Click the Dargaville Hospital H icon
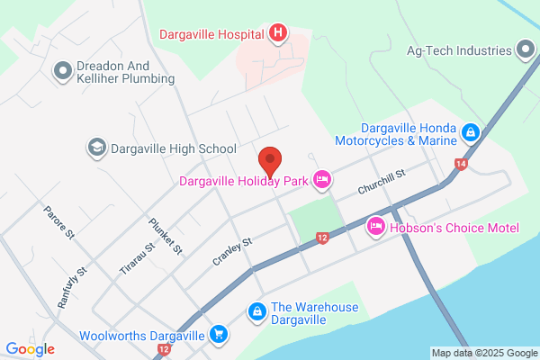click(x=279, y=35)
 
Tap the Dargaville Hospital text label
click(x=212, y=35)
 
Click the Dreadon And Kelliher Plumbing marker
click(x=63, y=69)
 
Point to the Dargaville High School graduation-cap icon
click(x=96, y=147)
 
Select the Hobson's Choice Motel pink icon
click(x=376, y=227)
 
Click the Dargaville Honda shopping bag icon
click(x=470, y=133)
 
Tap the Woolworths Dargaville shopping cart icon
click(x=218, y=335)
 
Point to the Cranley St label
click(x=231, y=248)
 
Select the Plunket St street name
click(x=166, y=236)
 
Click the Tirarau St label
click(x=138, y=256)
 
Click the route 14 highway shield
click(x=461, y=164)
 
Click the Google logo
click(x=30, y=349)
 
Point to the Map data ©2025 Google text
click(x=483, y=352)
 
